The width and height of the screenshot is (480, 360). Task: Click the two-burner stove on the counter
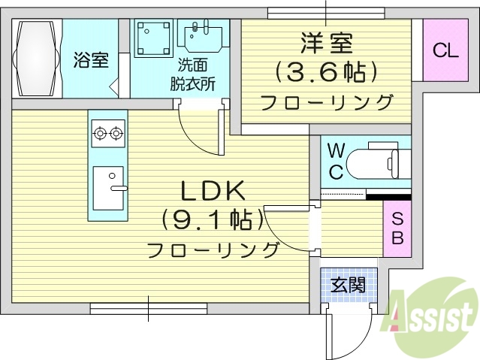[x=107, y=135]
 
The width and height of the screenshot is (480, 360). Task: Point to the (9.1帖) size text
[x=213, y=219]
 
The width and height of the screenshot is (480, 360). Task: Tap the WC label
[x=335, y=159]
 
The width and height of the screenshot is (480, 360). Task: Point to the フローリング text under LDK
[x=213, y=250]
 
